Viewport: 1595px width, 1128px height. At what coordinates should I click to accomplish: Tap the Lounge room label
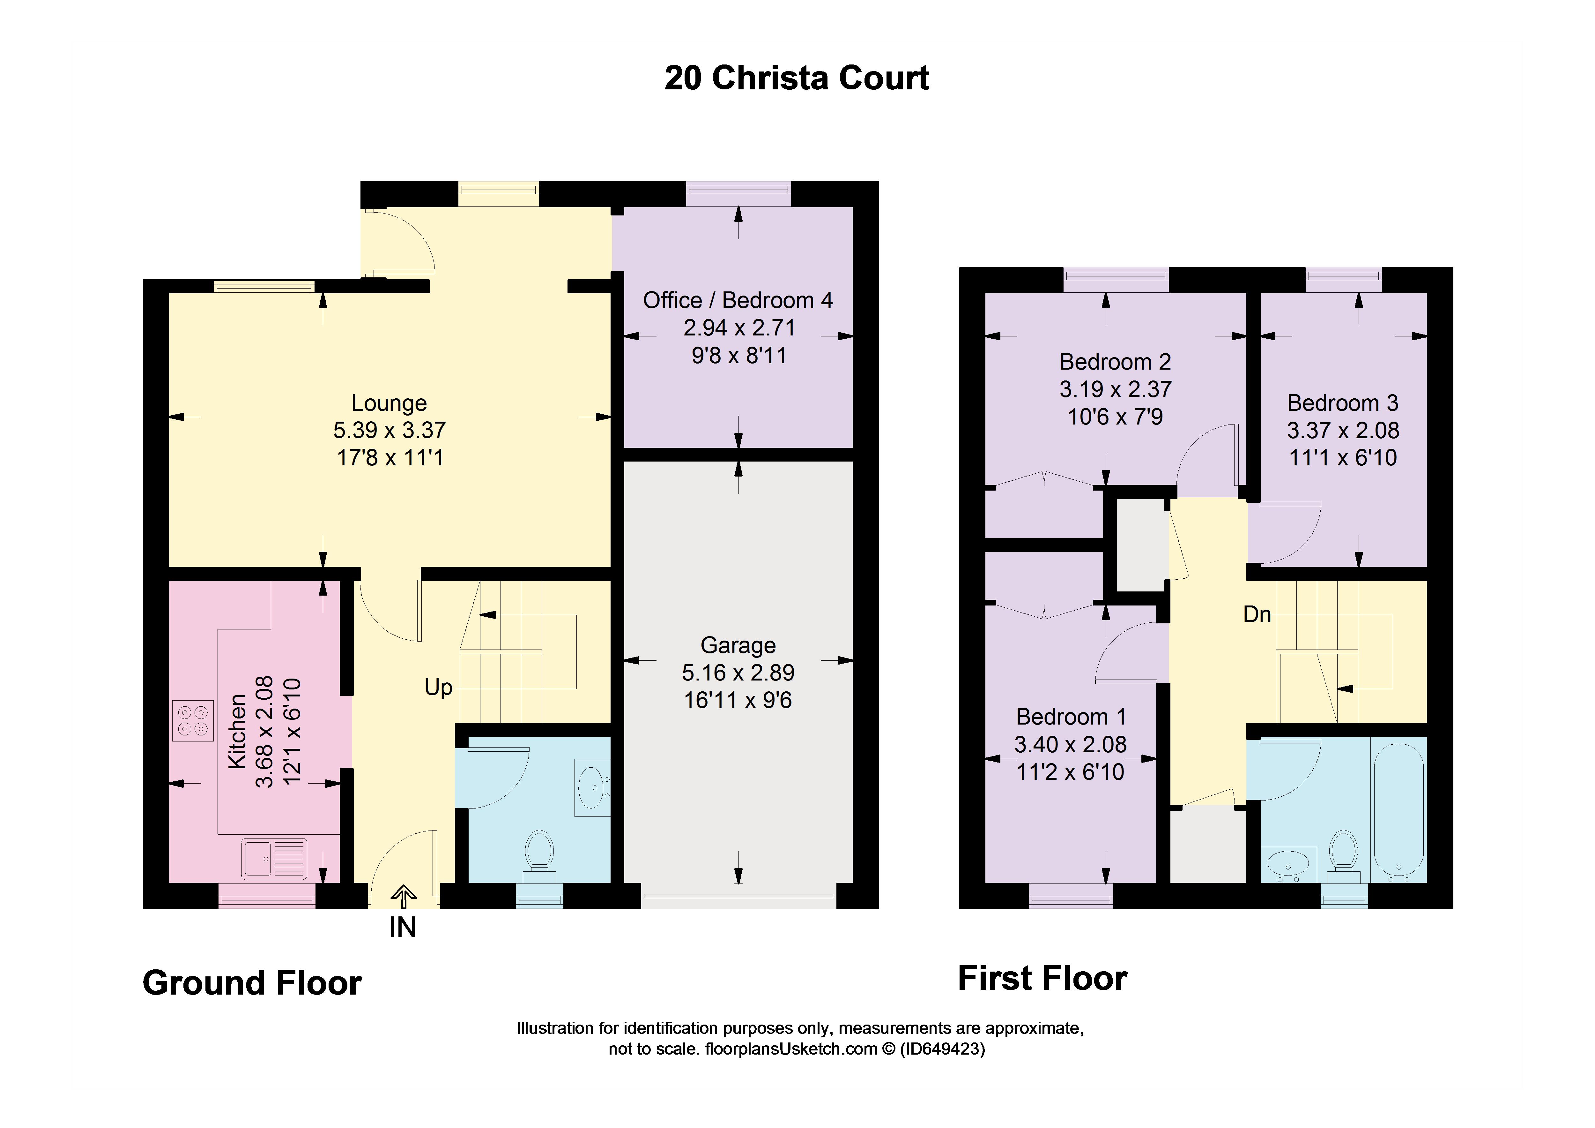(x=389, y=403)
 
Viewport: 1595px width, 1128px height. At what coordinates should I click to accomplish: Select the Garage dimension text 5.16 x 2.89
(x=738, y=673)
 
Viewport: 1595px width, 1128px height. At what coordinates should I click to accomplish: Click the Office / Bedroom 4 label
(x=738, y=300)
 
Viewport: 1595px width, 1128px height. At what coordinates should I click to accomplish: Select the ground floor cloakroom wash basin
(x=592, y=787)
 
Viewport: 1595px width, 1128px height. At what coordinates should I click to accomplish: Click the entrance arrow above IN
(x=403, y=897)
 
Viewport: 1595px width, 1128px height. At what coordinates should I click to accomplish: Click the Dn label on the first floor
(x=1257, y=614)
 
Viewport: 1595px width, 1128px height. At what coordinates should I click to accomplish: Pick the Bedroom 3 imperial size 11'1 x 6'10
(x=1343, y=458)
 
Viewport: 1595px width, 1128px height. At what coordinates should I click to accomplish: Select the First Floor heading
(x=1042, y=979)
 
